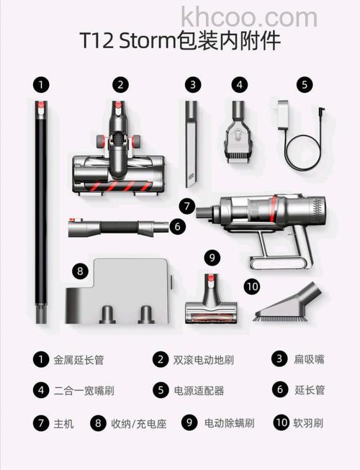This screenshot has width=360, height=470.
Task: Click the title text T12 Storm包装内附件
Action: click(x=180, y=42)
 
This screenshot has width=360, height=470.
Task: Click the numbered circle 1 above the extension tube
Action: click(x=42, y=84)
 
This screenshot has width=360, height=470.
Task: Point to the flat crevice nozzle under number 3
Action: click(x=191, y=144)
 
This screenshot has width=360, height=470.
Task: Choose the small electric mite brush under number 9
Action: click(x=211, y=302)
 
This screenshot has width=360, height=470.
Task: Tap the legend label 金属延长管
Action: click(x=79, y=359)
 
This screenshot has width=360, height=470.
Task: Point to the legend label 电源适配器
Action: click(x=199, y=391)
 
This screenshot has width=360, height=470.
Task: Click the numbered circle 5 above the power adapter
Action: click(x=305, y=84)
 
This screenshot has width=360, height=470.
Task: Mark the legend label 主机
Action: click(x=64, y=423)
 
